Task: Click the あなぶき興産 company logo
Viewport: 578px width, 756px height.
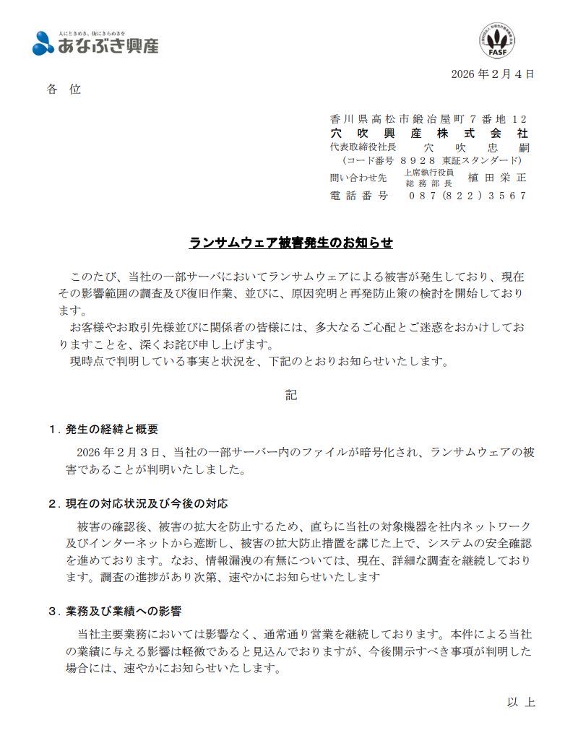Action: [x=95, y=44]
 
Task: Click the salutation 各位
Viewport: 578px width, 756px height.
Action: [x=64, y=90]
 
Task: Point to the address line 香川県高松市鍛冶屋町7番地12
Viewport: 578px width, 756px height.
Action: [x=428, y=119]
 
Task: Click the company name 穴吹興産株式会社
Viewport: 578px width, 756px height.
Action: [x=428, y=134]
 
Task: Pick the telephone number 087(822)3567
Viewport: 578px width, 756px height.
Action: [x=467, y=196]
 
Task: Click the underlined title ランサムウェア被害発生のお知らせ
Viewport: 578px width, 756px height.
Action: [x=290, y=243]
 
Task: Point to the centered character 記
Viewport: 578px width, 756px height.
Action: [x=290, y=395]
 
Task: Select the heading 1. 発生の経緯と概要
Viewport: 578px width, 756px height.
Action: [x=103, y=429]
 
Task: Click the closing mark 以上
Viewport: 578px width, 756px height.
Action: [x=520, y=702]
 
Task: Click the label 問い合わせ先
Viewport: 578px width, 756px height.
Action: [x=358, y=178]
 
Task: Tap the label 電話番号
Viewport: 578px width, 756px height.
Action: [x=358, y=196]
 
